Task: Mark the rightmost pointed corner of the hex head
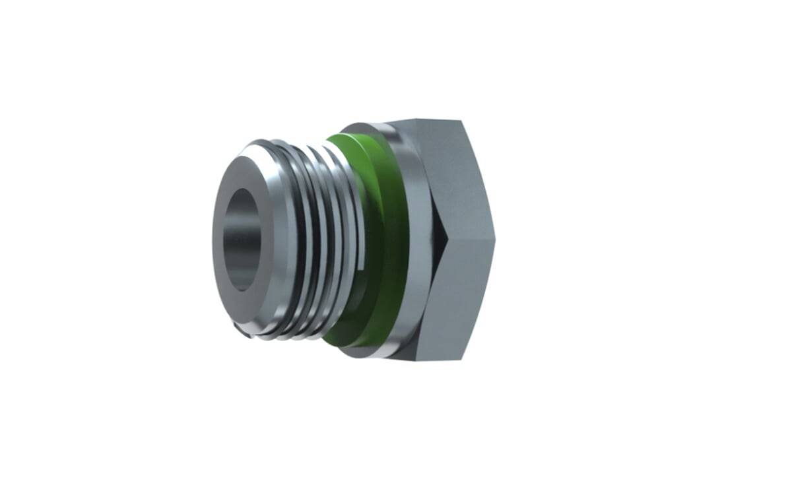[x=494, y=238]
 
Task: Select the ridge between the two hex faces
[x=469, y=238]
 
